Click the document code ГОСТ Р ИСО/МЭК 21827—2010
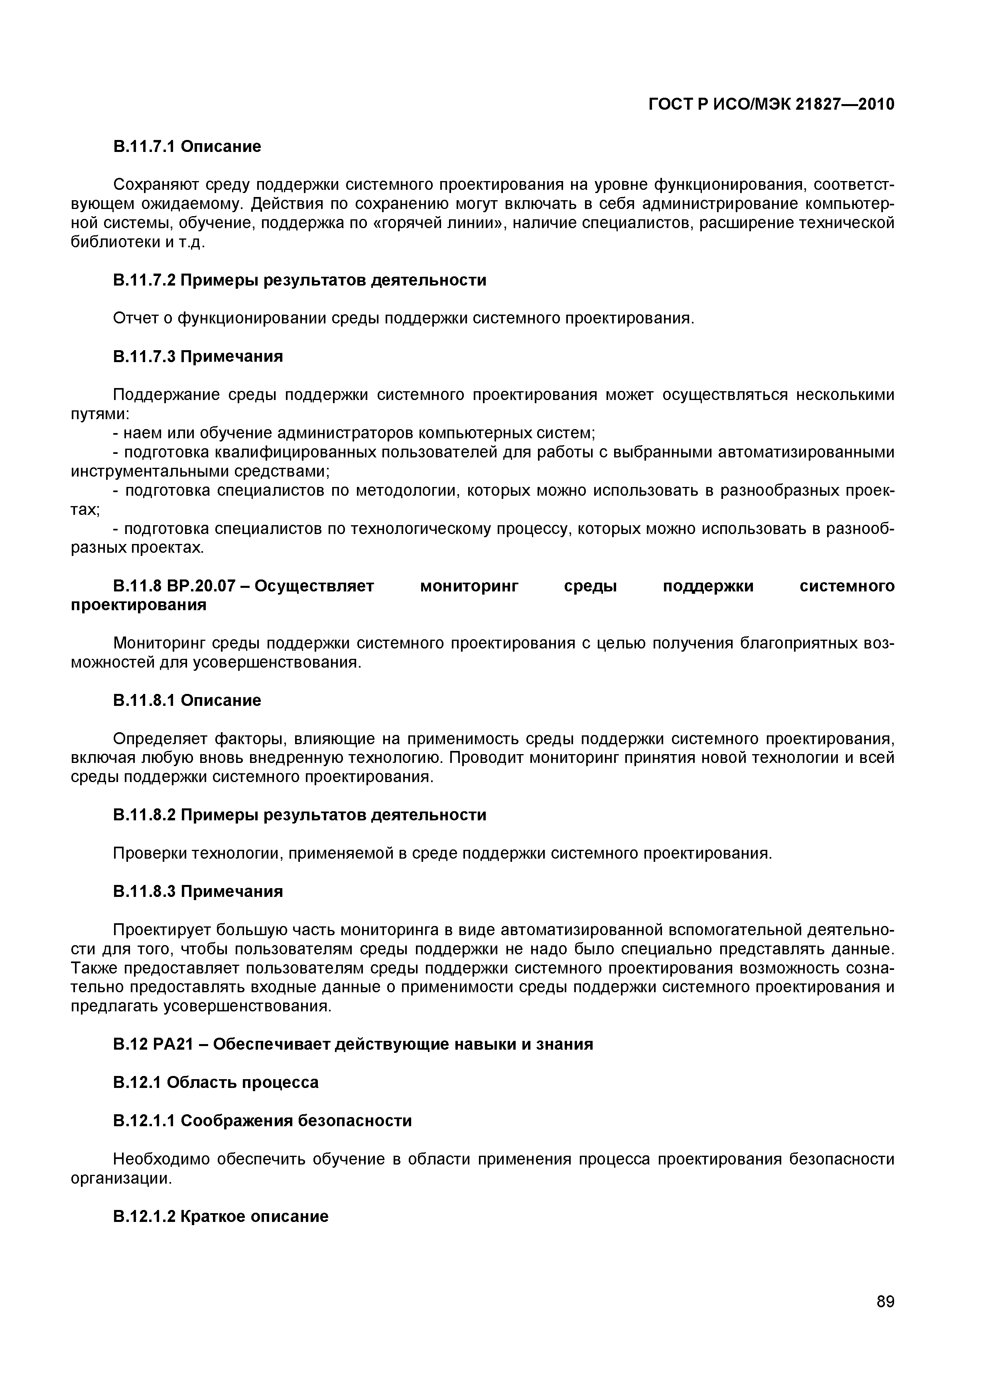point(771,105)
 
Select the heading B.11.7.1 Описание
point(187,146)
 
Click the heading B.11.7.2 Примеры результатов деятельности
point(300,280)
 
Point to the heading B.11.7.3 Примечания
point(198,357)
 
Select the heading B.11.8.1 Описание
point(187,701)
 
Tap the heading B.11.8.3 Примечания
point(198,891)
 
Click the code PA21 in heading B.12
point(172,1044)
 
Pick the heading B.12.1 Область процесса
point(216,1083)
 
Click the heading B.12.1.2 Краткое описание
point(221,1216)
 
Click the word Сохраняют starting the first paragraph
point(150,185)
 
